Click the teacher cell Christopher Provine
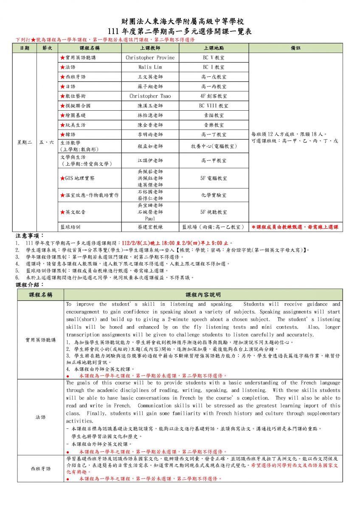[x=150, y=58]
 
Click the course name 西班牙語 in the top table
[x=75, y=77]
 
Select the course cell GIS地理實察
[x=79, y=178]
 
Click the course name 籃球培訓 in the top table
[x=70, y=227]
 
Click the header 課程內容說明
[x=203, y=294]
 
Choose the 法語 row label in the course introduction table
[x=41, y=417]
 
